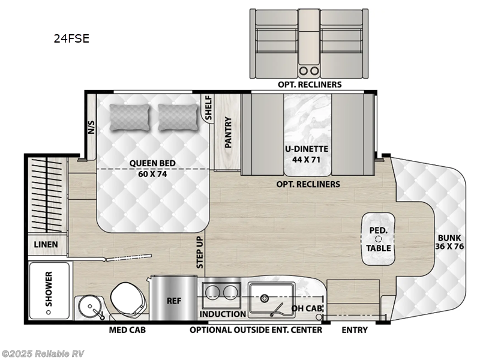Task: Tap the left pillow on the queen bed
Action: [x=130, y=117]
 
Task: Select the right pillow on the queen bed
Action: [x=178, y=117]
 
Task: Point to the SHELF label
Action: [x=209, y=109]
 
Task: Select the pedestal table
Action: [x=379, y=238]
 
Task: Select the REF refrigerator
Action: [x=174, y=299]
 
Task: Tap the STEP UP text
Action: [x=200, y=252]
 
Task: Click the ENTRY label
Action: [x=355, y=330]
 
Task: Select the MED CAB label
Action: [x=127, y=330]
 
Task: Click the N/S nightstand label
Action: [x=91, y=127]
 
